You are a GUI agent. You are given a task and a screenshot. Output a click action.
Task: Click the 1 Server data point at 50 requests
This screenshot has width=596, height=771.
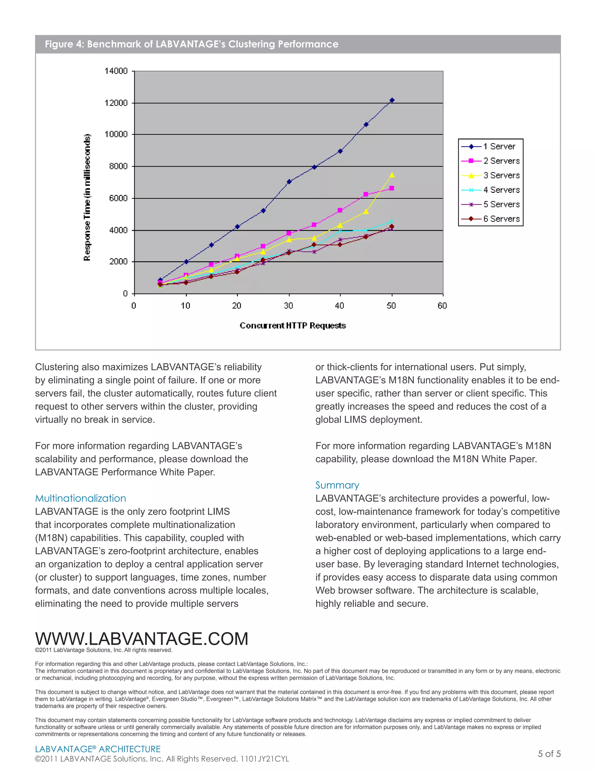(x=392, y=100)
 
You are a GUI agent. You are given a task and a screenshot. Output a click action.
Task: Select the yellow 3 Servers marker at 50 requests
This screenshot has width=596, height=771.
(x=392, y=175)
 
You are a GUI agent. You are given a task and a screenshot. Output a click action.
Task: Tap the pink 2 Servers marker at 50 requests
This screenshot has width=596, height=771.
(x=392, y=188)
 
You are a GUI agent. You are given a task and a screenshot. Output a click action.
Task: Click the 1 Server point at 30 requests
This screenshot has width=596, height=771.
(x=289, y=182)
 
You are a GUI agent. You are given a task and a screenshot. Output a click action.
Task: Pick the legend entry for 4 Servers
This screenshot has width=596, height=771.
(x=501, y=190)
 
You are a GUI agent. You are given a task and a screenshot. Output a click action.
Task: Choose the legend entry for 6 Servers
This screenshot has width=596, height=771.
(x=501, y=219)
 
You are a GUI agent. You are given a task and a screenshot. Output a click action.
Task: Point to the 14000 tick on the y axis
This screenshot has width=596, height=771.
(x=116, y=71)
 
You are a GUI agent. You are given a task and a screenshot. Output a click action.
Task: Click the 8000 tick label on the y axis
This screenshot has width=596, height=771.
(x=118, y=166)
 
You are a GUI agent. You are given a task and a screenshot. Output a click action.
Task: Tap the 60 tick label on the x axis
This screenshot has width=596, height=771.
(x=442, y=306)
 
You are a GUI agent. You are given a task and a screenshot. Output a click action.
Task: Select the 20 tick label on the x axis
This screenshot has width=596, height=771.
(x=237, y=306)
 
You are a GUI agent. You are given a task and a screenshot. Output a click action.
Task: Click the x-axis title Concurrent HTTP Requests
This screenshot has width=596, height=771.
(x=293, y=326)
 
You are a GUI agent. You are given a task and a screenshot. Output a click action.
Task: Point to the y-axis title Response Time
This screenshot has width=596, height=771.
(x=87, y=198)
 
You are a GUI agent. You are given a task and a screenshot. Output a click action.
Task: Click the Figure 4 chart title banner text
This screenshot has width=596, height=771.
(x=191, y=44)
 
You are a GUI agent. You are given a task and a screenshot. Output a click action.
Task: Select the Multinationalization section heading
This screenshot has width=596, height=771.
(x=81, y=498)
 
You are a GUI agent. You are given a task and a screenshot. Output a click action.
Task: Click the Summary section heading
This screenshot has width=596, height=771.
(x=337, y=485)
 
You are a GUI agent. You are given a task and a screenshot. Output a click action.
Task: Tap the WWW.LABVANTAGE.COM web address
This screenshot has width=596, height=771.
(x=142, y=638)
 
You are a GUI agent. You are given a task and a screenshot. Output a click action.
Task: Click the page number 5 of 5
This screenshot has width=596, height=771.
(x=549, y=754)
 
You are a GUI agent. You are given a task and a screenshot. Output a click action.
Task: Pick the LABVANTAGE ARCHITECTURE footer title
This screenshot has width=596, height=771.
(x=98, y=749)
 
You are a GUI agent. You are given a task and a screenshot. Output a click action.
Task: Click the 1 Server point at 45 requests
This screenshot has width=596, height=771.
(x=366, y=125)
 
